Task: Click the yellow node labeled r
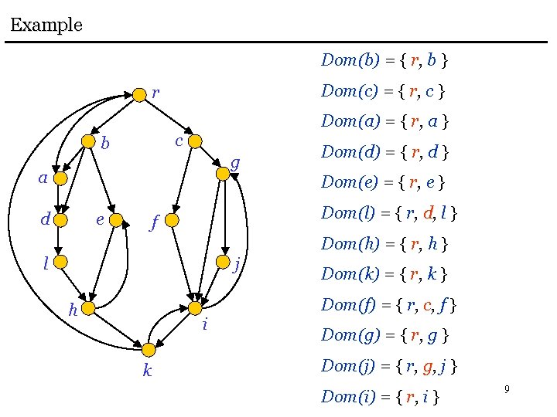[138, 95]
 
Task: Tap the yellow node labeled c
[195, 141]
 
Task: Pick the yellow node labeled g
[223, 174]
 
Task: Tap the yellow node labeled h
[87, 309]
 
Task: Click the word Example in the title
[46, 25]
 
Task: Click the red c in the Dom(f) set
[428, 305]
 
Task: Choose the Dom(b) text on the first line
[350, 59]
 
